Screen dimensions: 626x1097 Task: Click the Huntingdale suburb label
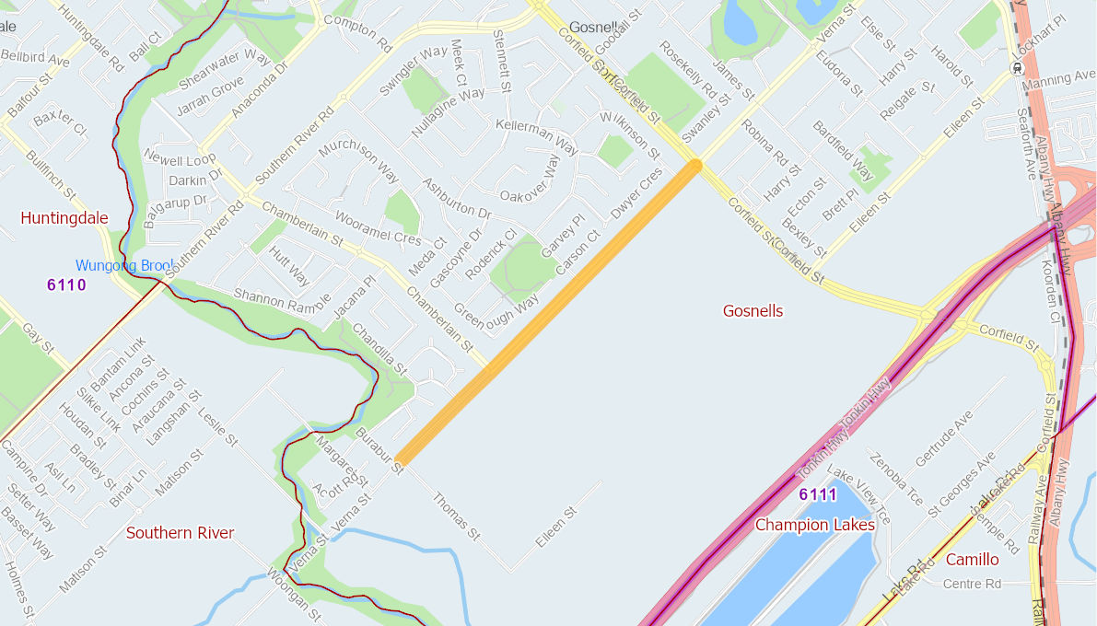[x=64, y=218]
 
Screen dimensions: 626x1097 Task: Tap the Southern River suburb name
[x=180, y=533]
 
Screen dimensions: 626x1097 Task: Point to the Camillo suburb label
[x=972, y=560]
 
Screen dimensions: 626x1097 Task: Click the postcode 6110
[x=66, y=285]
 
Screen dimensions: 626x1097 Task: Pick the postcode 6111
[x=818, y=495]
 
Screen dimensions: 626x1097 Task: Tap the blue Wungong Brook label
[x=124, y=266]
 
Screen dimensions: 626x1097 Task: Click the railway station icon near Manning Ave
[x=1017, y=68]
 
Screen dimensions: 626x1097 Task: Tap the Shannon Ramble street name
[x=282, y=300]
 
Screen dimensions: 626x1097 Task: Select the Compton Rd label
[x=357, y=32]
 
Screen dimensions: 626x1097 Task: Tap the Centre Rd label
[x=972, y=584]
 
